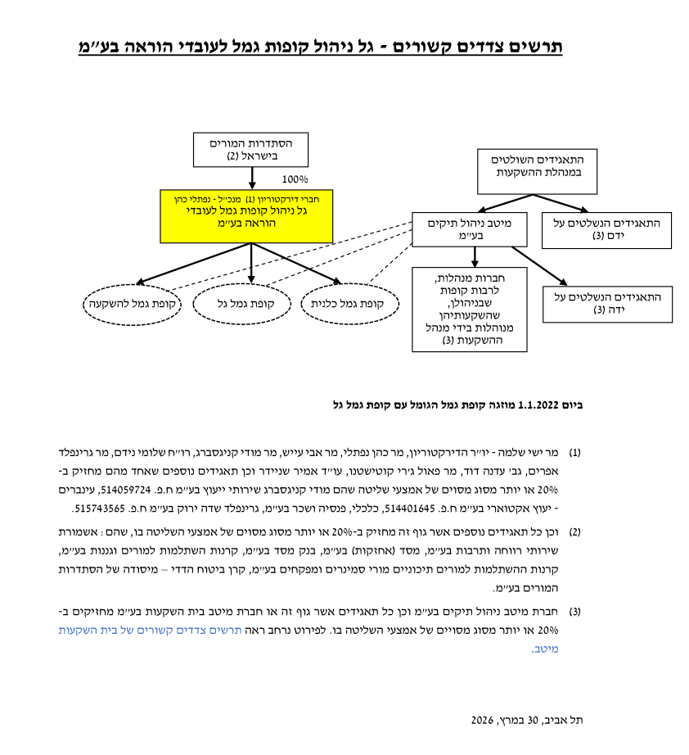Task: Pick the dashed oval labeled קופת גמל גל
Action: coord(241,304)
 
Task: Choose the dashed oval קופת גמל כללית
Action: coord(350,304)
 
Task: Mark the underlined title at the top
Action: coord(320,46)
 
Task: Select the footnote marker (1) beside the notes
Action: coord(575,452)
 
